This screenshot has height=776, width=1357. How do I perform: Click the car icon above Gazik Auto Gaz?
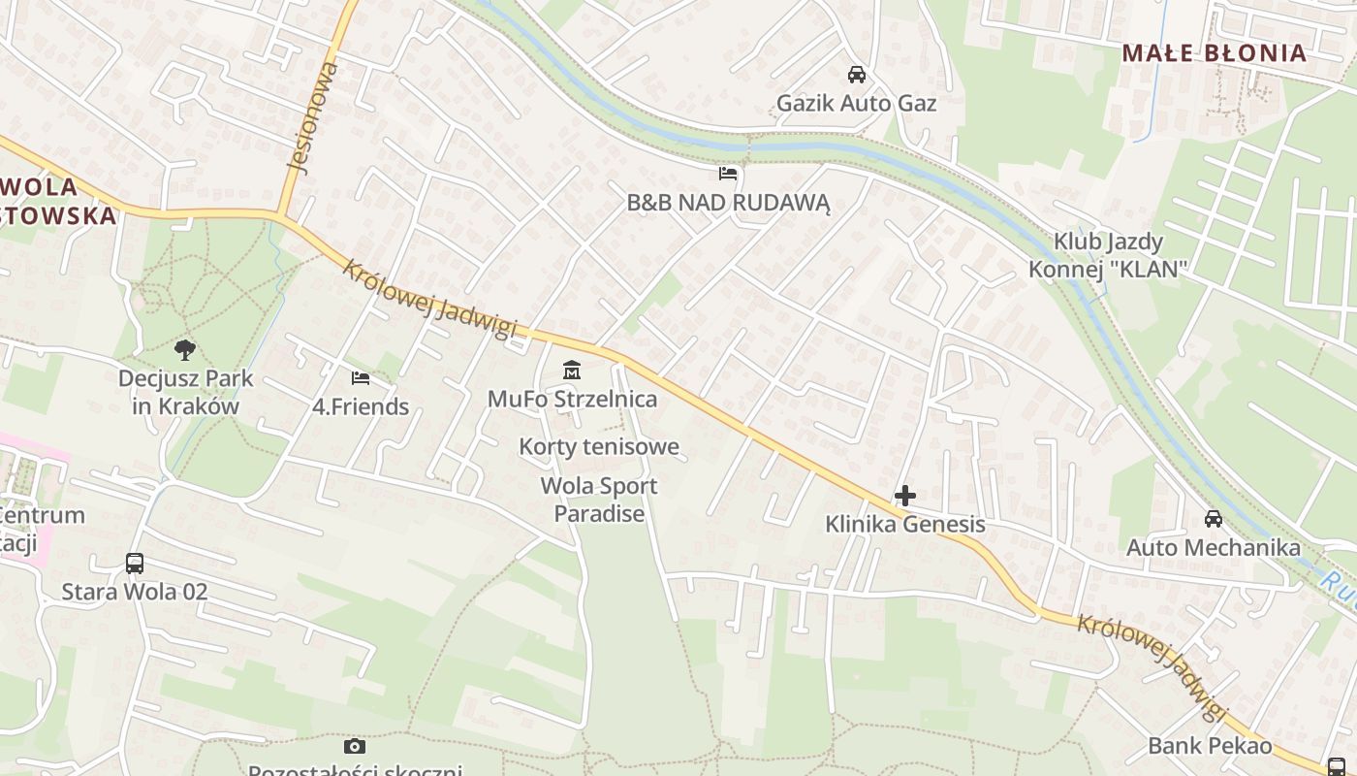tap(857, 75)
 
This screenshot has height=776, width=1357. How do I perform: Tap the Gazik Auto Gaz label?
tap(857, 103)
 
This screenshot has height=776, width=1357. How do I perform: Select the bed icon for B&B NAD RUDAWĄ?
tap(728, 174)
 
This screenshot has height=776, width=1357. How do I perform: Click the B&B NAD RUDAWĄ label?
tap(729, 203)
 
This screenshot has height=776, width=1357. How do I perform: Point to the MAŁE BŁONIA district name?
tap(1215, 53)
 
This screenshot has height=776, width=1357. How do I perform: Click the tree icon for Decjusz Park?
tap(185, 350)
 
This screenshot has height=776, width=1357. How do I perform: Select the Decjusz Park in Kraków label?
tap(185, 392)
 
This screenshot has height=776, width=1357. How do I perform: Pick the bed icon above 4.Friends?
tap(361, 377)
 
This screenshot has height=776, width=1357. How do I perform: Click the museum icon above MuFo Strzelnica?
tap(572, 371)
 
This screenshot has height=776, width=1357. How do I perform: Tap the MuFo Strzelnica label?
tap(572, 399)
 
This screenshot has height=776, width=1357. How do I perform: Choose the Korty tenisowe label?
tap(599, 447)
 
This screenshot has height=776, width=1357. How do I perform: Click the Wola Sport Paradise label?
tap(599, 500)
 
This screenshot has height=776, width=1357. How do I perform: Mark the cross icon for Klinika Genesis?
tap(905, 496)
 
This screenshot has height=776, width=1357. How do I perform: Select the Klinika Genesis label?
tap(905, 525)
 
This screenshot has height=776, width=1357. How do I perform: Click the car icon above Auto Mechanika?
tap(1214, 519)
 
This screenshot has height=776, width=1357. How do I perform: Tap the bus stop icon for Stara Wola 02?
tap(135, 564)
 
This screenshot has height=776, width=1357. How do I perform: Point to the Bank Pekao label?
tap(1210, 746)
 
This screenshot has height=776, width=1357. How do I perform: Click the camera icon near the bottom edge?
tap(355, 746)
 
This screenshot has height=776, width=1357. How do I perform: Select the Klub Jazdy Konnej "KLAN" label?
tap(1108, 255)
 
